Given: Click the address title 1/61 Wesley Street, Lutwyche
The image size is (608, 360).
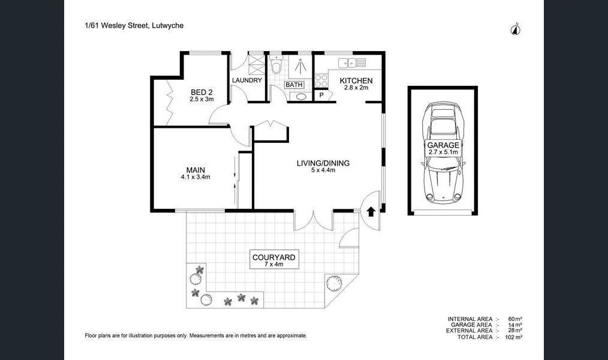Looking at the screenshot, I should (134, 26).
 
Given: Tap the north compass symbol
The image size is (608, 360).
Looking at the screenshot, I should (515, 29).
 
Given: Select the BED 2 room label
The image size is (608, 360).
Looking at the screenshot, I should (201, 92).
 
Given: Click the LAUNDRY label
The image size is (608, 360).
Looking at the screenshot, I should (246, 80).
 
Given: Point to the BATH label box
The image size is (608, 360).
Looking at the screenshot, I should (294, 85).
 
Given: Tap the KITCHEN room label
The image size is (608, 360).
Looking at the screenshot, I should (356, 80).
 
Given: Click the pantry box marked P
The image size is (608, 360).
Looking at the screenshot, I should (321, 95).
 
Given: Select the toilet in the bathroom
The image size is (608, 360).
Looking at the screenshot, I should (276, 65).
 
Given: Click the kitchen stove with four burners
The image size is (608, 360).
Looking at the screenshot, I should (321, 80).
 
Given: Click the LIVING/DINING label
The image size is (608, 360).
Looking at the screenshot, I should (323, 163).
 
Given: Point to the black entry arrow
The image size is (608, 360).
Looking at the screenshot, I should (371, 211).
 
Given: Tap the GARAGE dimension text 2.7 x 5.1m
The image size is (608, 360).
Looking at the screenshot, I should (443, 152).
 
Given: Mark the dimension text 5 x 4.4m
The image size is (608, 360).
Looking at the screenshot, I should (323, 170).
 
